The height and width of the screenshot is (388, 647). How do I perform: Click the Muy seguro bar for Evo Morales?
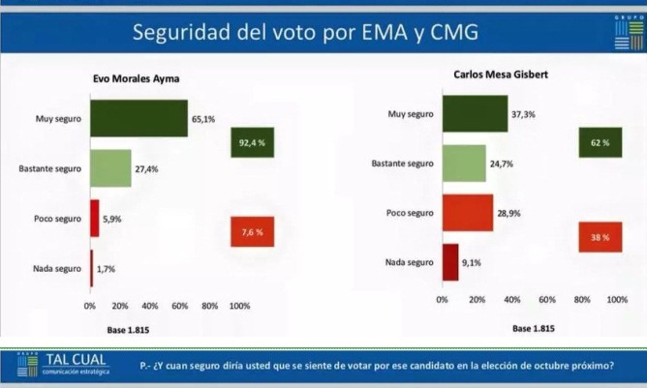pos(139,118)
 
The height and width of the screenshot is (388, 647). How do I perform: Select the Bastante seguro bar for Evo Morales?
pos(110,168)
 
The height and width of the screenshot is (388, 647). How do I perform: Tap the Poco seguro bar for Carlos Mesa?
pos(467,212)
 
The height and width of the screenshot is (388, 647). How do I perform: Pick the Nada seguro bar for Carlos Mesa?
pos(449,261)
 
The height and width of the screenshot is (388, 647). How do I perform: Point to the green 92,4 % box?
pos(252,144)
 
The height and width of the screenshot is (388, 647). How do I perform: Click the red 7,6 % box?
pos(252,232)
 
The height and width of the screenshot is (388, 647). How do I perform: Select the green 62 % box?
pos(601,143)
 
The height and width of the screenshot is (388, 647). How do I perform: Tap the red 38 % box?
pos(601,237)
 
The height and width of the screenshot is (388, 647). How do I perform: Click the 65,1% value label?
pos(203,119)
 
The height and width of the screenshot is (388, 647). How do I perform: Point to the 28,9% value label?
pos(509,212)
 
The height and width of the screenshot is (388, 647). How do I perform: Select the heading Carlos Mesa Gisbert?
pos(504,74)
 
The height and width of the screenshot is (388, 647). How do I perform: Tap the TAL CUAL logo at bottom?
pos(63,365)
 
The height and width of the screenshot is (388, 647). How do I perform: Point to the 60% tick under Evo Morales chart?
pos(179,307)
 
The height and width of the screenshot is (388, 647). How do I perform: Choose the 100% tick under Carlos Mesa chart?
pos(616,301)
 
